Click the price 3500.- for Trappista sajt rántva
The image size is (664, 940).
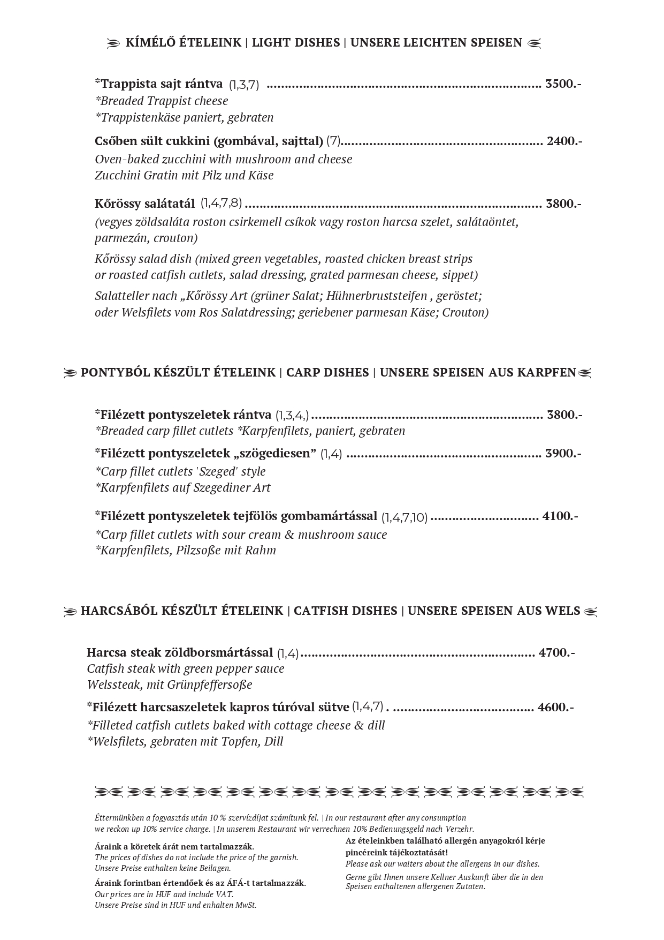563,84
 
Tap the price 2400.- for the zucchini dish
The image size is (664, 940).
564,141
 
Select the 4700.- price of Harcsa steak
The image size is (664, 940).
556,652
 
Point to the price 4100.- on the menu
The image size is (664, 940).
560,516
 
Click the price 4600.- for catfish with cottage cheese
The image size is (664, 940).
555,707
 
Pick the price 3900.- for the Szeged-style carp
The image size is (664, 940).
563,453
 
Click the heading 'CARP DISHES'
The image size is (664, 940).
327,372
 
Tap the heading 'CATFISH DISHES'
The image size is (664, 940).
345,611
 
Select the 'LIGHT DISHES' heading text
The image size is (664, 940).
296,42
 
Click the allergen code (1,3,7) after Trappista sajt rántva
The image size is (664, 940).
244,85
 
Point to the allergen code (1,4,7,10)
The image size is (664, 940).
404,517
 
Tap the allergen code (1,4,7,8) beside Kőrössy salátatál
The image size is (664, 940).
222,204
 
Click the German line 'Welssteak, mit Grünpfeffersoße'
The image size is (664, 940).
169,685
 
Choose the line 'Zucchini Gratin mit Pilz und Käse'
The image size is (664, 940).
184,175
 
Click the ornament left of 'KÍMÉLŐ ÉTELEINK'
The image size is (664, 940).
113,43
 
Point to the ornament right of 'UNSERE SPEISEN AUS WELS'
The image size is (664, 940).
590,611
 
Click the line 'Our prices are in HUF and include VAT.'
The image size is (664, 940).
164,894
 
